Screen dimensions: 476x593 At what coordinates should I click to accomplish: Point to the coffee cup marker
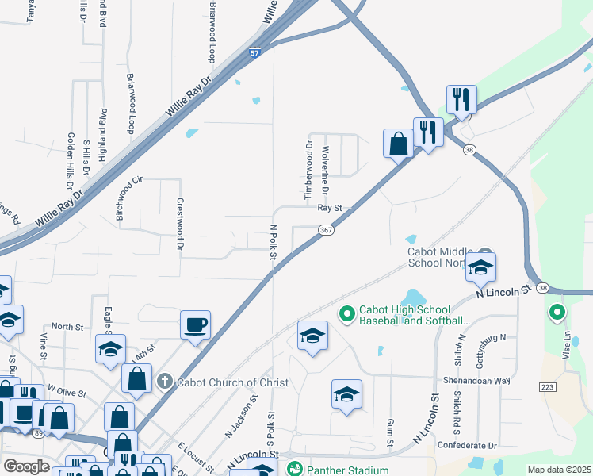(195, 324)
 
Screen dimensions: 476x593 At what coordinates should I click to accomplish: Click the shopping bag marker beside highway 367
(398, 144)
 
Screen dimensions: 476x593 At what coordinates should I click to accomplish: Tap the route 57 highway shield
(254, 53)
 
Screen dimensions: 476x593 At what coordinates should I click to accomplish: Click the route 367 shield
(325, 229)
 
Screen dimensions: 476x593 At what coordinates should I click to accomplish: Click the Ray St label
(330, 208)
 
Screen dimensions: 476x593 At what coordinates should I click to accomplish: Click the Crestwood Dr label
(181, 226)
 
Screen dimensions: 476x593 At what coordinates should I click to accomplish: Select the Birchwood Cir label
(128, 198)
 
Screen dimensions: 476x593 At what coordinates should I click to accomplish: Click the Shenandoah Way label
(476, 380)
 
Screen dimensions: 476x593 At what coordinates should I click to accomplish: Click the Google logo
(26, 466)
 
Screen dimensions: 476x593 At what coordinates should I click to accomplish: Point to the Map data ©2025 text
(559, 470)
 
